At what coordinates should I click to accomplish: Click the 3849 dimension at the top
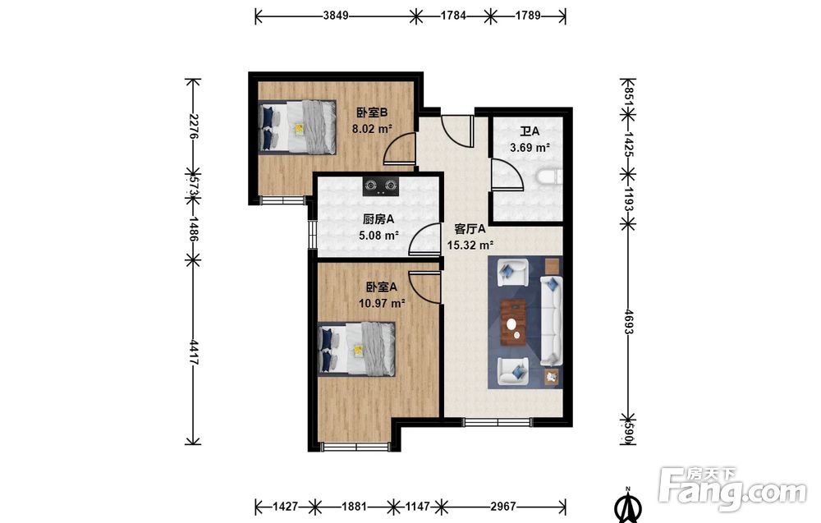(x=336, y=16)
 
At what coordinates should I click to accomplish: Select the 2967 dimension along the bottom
(x=502, y=507)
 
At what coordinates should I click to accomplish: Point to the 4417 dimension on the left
(x=193, y=352)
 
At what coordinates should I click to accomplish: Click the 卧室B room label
(x=372, y=112)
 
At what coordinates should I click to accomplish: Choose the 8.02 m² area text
(x=372, y=129)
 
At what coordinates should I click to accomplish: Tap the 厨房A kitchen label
(x=378, y=219)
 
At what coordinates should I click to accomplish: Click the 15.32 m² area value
(x=470, y=245)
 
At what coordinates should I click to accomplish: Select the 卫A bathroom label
(x=530, y=131)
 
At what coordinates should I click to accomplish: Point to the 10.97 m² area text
(x=383, y=303)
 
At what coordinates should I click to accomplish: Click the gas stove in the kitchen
(x=381, y=186)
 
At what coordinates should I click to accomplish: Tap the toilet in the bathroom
(x=548, y=177)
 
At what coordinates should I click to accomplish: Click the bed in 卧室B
(x=297, y=126)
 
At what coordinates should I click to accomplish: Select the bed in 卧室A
(x=356, y=349)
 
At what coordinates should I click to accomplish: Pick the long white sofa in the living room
(x=551, y=320)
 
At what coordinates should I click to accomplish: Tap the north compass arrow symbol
(x=629, y=506)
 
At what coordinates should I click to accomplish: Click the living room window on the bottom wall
(x=498, y=422)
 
